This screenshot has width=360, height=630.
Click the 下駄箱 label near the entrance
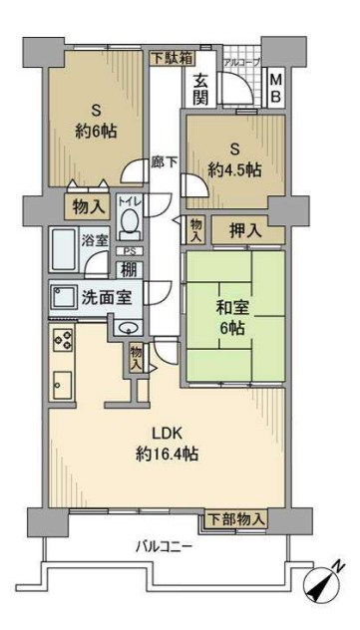174,58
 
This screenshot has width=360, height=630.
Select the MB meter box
276,88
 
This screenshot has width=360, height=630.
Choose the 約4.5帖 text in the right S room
235,169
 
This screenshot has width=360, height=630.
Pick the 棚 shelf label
129,269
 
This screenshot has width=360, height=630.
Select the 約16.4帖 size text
169,454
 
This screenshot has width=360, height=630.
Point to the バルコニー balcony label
165,546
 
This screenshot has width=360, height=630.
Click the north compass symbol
325,584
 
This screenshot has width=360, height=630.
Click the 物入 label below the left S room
87,207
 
